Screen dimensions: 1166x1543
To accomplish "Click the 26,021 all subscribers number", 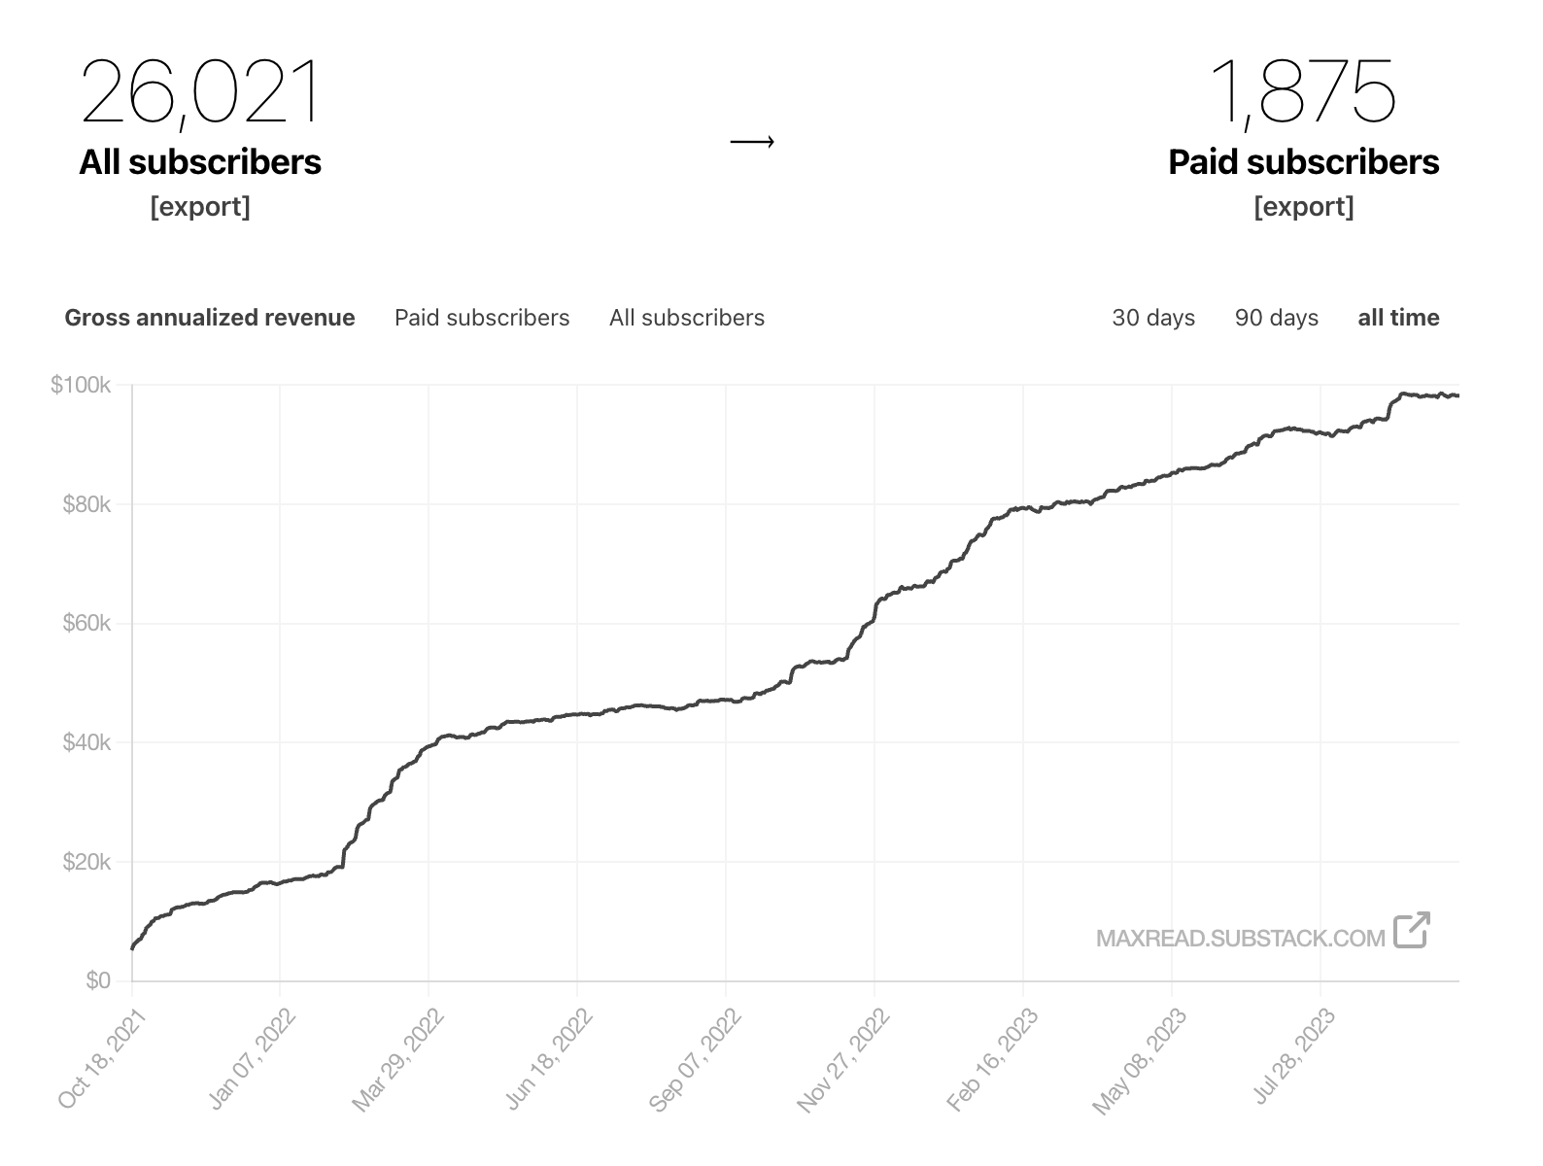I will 200,92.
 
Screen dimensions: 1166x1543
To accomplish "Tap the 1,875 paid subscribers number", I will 1303,92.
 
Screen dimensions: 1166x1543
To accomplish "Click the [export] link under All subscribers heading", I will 200,207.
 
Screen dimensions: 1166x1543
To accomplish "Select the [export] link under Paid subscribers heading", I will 1303,207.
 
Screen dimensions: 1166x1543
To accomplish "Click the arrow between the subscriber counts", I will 752,143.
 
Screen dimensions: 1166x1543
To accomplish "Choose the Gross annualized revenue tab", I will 210,318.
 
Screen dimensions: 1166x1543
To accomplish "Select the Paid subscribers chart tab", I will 482,318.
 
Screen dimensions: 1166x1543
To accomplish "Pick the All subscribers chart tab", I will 687,318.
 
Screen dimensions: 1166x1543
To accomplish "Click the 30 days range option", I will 1153,318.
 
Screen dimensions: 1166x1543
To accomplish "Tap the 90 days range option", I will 1276,318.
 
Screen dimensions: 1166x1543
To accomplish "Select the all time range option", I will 1398,318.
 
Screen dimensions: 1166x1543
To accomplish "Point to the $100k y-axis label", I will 81,386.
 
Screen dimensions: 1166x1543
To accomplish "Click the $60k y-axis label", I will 86,623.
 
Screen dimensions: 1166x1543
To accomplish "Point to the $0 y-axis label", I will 97,980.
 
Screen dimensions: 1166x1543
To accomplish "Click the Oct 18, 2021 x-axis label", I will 102,1058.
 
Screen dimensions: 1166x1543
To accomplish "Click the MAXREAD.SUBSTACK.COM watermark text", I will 1240,939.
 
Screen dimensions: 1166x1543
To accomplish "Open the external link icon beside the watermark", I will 1411,930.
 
